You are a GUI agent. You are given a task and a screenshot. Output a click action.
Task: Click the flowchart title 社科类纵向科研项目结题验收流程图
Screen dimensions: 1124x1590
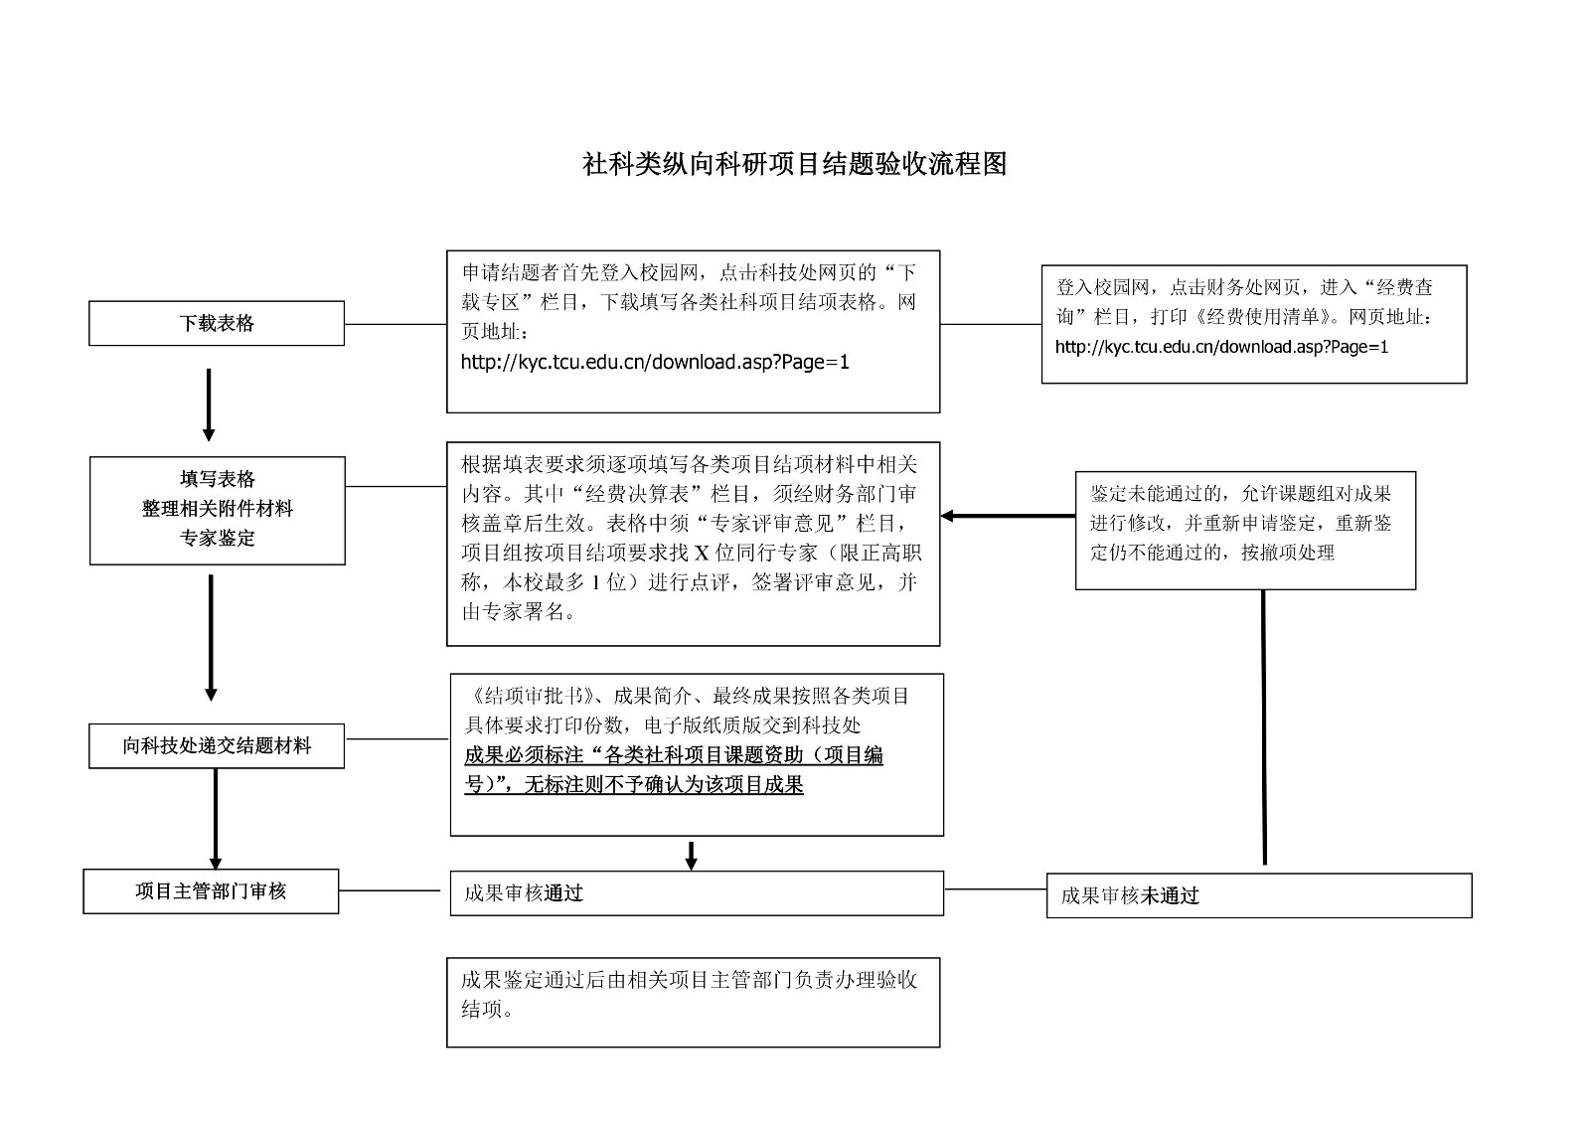pyautogui.click(x=794, y=164)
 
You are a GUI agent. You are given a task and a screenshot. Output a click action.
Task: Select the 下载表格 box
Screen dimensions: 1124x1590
pyautogui.click(x=217, y=324)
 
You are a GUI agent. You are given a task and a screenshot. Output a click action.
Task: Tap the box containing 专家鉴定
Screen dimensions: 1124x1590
pyautogui.click(x=217, y=510)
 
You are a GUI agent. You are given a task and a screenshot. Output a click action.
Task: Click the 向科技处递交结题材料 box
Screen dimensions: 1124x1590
pyautogui.click(x=217, y=746)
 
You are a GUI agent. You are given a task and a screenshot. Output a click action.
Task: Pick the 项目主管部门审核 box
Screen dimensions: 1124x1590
pyautogui.click(x=211, y=891)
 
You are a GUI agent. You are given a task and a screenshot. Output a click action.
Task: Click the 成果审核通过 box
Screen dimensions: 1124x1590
pyautogui.click(x=696, y=893)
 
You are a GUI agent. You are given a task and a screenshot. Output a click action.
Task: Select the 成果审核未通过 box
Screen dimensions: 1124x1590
pyautogui.click(x=1258, y=895)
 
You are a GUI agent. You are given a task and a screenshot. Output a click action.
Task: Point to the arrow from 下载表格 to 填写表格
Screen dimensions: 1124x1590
pyautogui.click(x=209, y=403)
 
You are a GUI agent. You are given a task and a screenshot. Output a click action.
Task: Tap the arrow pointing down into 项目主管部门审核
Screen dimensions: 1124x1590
pyautogui.click(x=216, y=820)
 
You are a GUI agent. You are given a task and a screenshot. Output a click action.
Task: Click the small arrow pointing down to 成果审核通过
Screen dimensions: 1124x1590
pyautogui.click(x=692, y=856)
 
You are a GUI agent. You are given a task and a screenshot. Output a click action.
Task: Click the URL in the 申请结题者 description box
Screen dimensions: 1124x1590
pyautogui.click(x=655, y=363)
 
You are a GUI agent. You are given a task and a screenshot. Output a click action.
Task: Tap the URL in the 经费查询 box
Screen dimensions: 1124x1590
pyautogui.click(x=1221, y=347)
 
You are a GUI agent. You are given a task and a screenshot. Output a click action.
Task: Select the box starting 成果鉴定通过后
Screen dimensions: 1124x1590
pyautogui.click(x=693, y=1002)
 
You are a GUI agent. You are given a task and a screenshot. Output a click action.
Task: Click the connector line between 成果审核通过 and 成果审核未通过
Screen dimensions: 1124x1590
pyautogui.click(x=995, y=889)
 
